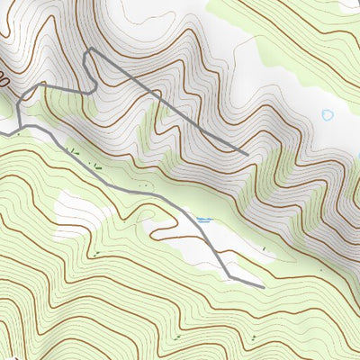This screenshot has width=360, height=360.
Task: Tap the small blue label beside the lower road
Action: pyautogui.click(x=204, y=219)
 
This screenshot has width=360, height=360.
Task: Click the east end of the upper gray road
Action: pyautogui.click(x=247, y=153)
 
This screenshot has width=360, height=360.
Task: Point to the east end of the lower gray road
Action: pyautogui.click(x=263, y=287)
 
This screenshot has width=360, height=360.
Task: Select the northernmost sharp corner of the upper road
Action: pyautogui.click(x=87, y=51)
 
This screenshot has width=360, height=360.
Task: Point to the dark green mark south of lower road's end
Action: pyautogui.click(x=255, y=336)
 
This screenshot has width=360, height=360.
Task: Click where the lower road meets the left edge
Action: pyautogui.click(x=2, y=133)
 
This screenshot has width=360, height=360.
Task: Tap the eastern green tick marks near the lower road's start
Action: pyautogui.click(x=97, y=165)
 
